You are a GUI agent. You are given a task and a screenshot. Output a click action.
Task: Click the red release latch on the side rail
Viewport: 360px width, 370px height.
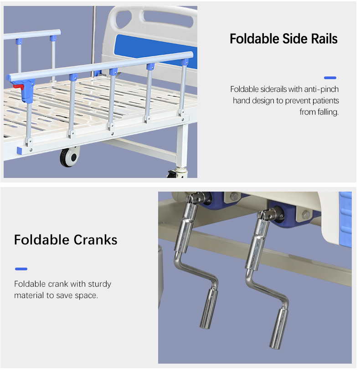click(x=19, y=86)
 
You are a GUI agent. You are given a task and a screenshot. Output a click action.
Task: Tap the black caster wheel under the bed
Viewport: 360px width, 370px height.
click(x=69, y=157)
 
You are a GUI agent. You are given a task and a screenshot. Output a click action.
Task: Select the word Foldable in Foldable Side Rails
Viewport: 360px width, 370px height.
click(x=254, y=39)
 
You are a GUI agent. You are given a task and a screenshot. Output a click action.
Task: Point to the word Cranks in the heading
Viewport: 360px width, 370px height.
click(x=95, y=240)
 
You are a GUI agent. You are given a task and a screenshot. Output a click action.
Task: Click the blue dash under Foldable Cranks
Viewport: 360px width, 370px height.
click(x=21, y=269)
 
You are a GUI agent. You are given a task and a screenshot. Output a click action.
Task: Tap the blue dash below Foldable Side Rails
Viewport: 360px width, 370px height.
click(x=330, y=78)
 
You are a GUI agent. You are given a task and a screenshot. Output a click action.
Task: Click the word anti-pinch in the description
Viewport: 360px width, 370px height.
click(x=321, y=89)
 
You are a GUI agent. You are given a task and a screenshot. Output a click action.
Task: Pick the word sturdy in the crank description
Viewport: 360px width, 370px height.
click(x=99, y=284)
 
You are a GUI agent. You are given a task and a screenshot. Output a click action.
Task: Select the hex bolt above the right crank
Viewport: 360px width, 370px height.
click(x=306, y=214)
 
